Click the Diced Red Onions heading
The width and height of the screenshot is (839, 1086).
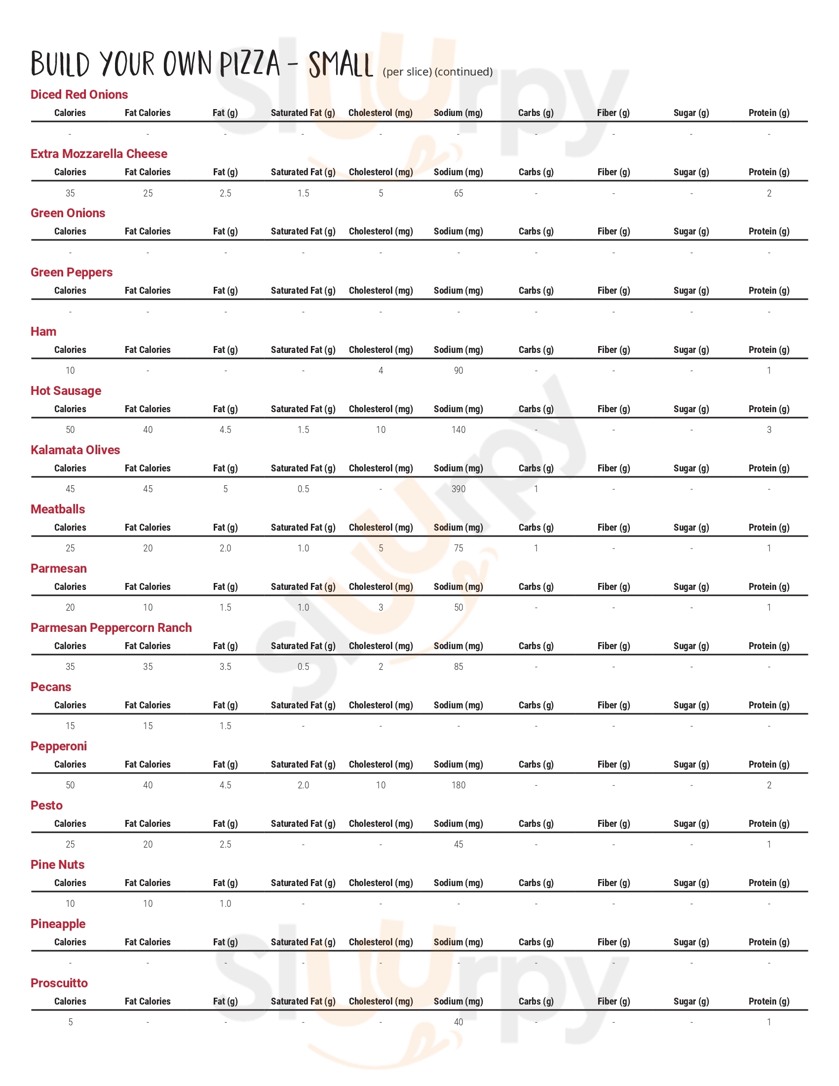pyautogui.click(x=79, y=94)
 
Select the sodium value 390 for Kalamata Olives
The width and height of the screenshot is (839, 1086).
pyautogui.click(x=458, y=489)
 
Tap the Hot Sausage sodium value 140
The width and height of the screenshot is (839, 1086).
pyautogui.click(x=458, y=429)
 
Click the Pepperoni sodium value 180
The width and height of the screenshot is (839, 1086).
pyautogui.click(x=458, y=785)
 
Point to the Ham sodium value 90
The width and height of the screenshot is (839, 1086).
pyautogui.click(x=458, y=370)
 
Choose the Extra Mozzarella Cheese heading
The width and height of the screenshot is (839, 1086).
pyautogui.click(x=99, y=154)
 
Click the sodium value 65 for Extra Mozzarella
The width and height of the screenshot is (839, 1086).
pyautogui.click(x=458, y=193)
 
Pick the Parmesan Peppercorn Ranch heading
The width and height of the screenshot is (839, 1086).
pyautogui.click(x=111, y=627)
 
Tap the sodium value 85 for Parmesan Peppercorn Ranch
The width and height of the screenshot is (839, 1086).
pyautogui.click(x=458, y=667)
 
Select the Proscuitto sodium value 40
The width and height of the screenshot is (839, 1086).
pyautogui.click(x=458, y=1022)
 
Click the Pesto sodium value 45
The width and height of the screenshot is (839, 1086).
pyautogui.click(x=458, y=844)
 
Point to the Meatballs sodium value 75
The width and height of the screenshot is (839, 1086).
pyautogui.click(x=458, y=548)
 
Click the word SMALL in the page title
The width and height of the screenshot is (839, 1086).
pyautogui.click(x=341, y=65)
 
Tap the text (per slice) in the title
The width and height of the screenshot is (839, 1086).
pyautogui.click(x=407, y=72)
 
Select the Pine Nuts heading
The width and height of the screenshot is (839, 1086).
pyautogui.click(x=57, y=864)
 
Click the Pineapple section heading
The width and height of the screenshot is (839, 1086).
pyautogui.click(x=58, y=924)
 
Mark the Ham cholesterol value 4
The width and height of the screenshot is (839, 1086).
pyautogui.click(x=381, y=370)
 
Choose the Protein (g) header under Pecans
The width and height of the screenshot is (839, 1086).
pyautogui.click(x=768, y=705)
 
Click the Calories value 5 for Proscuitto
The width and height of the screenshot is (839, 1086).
pyautogui.click(x=71, y=1022)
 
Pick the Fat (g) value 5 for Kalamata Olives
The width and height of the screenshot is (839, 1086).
pyautogui.click(x=226, y=489)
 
